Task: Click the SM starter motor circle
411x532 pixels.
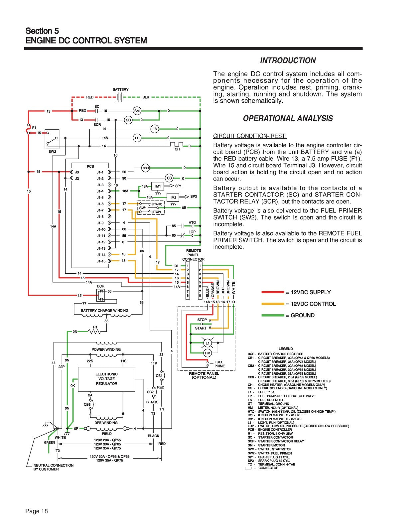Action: [137, 111]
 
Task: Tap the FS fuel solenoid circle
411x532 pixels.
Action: [155, 129]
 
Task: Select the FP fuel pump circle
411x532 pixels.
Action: [137, 138]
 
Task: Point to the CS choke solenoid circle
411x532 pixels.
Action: [169, 178]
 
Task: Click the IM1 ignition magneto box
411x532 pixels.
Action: [158, 186]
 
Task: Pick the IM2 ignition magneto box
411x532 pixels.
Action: [173, 197]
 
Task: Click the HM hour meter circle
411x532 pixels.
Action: [207, 353]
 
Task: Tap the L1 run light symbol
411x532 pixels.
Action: [207, 343]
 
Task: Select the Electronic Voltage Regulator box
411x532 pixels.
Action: [106, 379]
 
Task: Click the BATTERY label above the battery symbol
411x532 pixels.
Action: [120, 89]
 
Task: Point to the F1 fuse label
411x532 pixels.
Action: [34, 128]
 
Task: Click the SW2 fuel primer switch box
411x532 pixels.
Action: [52, 139]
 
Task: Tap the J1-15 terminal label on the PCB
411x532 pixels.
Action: [101, 261]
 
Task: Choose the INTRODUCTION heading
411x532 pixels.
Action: [288, 61]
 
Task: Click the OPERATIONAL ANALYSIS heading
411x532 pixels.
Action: [288, 118]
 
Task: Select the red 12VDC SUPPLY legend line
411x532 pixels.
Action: [273, 292]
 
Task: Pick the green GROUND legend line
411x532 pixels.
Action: [273, 315]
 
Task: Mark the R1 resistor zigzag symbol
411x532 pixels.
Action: [94, 332]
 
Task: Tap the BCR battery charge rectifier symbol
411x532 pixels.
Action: [101, 295]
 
